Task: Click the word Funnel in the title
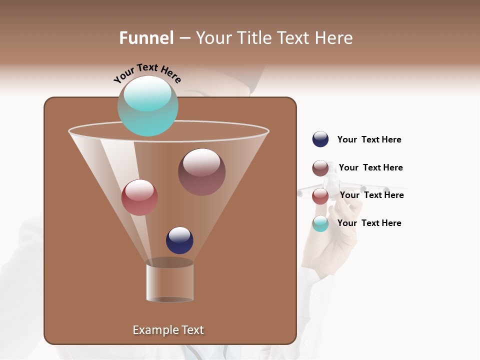[146, 38]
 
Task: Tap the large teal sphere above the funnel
[147, 105]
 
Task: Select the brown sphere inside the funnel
[201, 171]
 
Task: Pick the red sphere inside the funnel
[139, 197]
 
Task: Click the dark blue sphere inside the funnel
[179, 240]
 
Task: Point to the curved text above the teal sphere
[147, 73]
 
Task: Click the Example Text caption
[168, 330]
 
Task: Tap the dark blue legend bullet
[320, 139]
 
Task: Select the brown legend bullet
[320, 168]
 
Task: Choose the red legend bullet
[320, 196]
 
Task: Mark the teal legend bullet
[320, 223]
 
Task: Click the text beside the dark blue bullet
[369, 140]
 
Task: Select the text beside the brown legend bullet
[370, 168]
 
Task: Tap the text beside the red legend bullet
[371, 195]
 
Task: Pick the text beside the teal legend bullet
[369, 223]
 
